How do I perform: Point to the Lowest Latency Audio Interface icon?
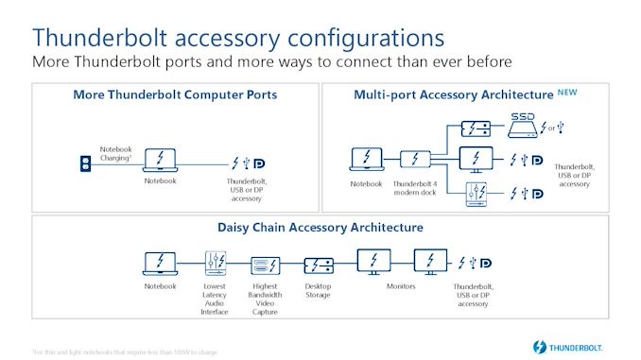point(215,262)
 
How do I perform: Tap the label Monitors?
point(402,286)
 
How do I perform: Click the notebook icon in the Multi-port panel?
point(367,159)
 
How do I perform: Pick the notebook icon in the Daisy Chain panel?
point(160,262)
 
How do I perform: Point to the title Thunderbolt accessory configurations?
point(238,37)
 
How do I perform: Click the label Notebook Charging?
point(116,152)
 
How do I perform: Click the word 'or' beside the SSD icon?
point(552,128)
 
